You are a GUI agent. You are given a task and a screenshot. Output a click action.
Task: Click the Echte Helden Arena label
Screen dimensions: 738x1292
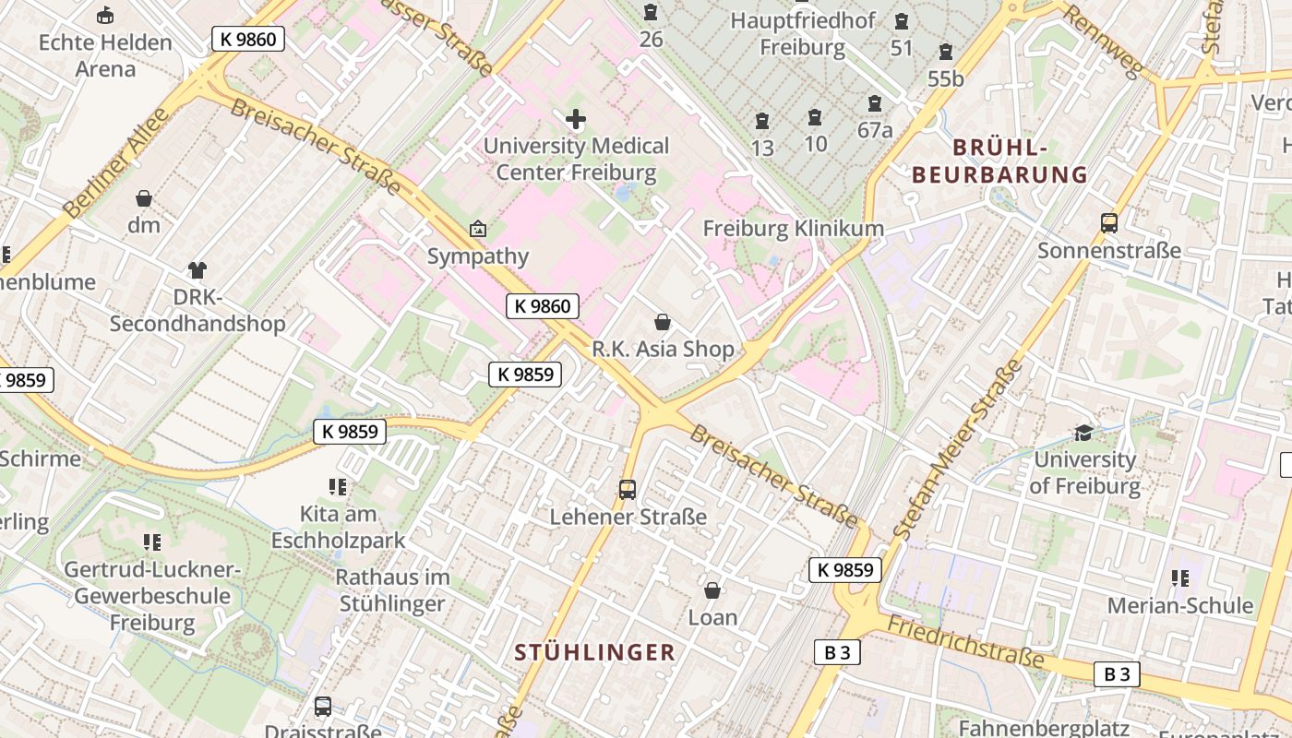point(105,55)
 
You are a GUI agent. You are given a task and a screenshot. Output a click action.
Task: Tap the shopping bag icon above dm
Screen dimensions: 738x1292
point(144,198)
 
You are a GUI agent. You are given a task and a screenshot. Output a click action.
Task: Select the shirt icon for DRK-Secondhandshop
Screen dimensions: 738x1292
point(197,269)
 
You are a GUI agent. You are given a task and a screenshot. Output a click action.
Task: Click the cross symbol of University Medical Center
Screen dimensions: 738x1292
point(575,118)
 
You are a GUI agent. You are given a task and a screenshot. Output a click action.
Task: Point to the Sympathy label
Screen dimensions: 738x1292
point(477,256)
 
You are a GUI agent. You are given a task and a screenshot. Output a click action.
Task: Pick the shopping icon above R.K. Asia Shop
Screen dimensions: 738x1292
point(663,322)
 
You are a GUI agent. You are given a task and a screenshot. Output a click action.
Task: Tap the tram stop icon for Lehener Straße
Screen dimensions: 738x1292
point(628,489)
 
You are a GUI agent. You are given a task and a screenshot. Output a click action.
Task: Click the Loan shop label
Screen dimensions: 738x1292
point(712,617)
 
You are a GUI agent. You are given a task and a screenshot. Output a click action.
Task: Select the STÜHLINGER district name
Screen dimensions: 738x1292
point(595,652)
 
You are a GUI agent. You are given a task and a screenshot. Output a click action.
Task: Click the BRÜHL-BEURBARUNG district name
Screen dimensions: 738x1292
point(999,161)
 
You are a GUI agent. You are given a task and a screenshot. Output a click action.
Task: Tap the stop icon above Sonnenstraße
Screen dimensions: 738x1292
point(1108,222)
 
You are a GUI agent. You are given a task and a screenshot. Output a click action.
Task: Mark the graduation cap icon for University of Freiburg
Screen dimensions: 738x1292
point(1084,432)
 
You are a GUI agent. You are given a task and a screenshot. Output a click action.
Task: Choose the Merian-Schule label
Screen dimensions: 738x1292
point(1180,605)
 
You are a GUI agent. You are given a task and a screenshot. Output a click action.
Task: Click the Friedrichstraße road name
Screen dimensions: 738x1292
point(965,642)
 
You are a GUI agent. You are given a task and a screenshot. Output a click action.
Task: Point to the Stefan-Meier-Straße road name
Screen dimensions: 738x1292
point(959,449)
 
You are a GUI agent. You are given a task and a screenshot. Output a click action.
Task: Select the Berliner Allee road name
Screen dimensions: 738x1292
point(117,162)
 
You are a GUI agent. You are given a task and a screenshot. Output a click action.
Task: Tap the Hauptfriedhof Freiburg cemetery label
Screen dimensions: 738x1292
point(802,33)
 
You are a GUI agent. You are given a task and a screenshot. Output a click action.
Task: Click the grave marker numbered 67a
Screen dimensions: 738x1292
point(874,104)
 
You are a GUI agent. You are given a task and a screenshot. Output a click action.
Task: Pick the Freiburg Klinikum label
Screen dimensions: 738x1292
point(793,228)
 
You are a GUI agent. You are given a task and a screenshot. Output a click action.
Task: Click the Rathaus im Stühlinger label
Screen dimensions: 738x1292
point(392,590)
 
